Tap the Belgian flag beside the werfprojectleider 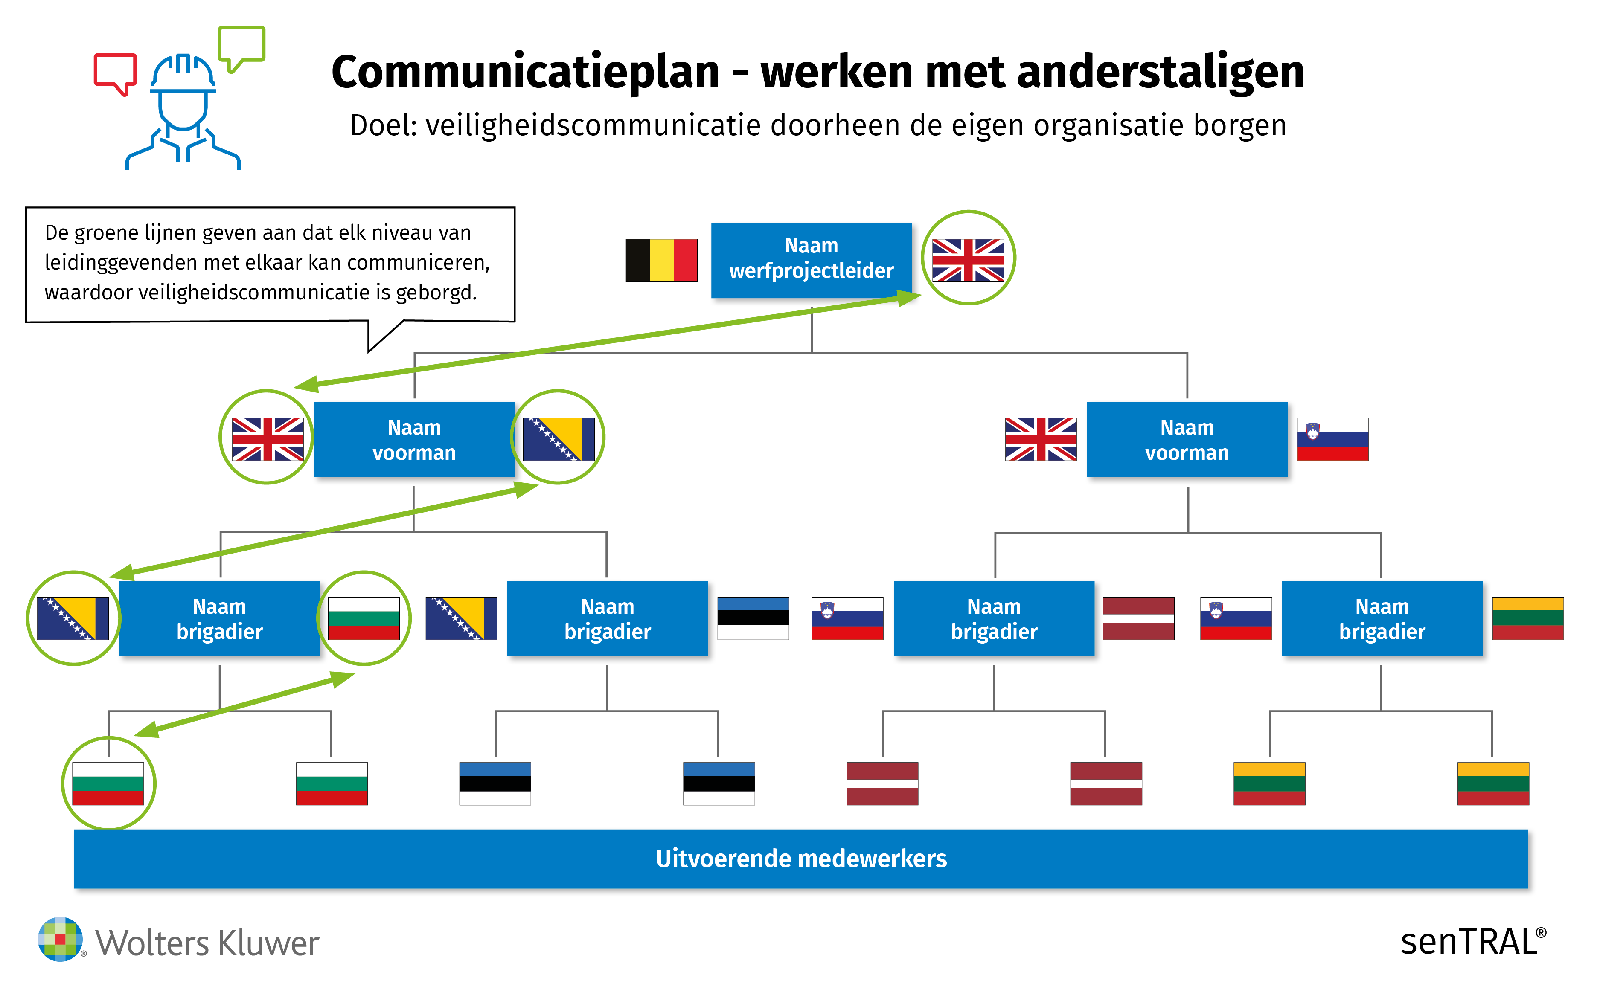pyautogui.click(x=661, y=261)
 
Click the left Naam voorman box pyautogui.click(x=414, y=440)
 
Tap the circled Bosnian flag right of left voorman pyautogui.click(x=558, y=439)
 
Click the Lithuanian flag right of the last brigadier pyautogui.click(x=1527, y=618)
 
